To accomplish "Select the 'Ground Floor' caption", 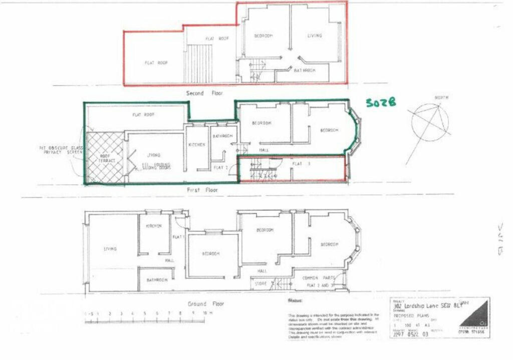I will click(x=206, y=304).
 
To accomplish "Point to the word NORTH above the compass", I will click(x=441, y=98).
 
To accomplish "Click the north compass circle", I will click(x=431, y=122).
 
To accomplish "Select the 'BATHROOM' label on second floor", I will click(x=305, y=71).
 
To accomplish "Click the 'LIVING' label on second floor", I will click(x=315, y=36).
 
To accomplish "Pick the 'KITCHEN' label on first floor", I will click(x=196, y=145).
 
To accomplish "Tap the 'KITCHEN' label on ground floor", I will click(x=154, y=226).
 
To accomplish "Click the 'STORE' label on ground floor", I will click(x=261, y=284).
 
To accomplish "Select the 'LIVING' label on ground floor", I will click(x=110, y=249).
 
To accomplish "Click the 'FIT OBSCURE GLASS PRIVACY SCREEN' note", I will click(x=61, y=150).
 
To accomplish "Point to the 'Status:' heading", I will click(x=295, y=300).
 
